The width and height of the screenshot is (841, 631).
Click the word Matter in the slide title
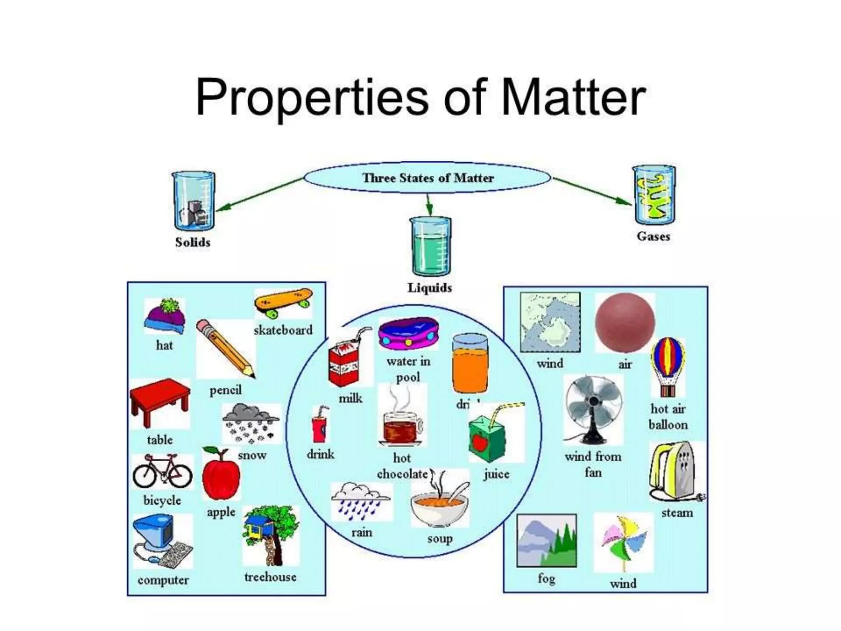573,97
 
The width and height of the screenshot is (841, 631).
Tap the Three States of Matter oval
427,178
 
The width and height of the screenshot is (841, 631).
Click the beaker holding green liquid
430,246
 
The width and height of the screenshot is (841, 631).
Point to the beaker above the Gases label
654,195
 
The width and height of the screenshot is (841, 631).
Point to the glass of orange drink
470,364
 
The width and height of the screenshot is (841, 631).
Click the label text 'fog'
546,578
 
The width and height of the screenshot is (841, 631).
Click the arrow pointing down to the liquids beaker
429,205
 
